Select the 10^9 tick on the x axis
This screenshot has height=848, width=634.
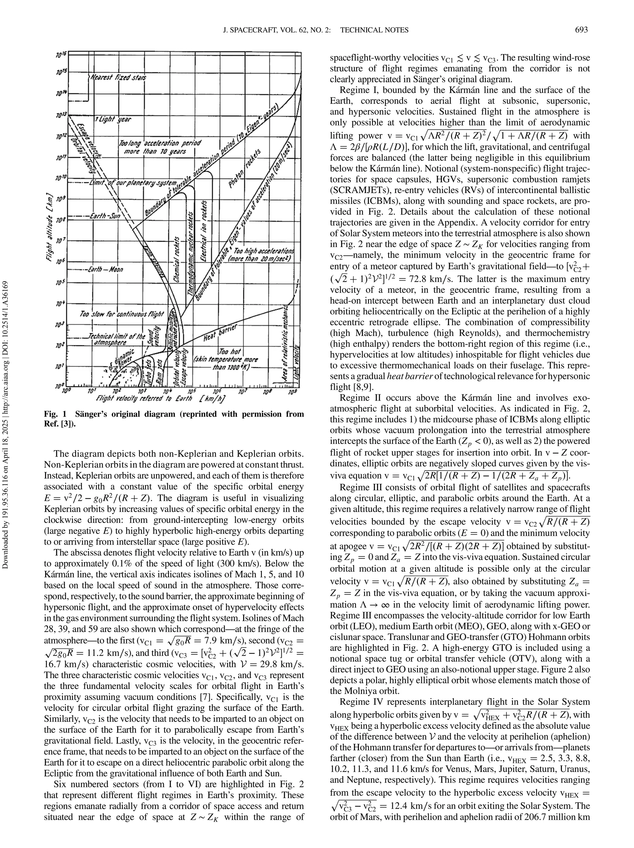click(x=292, y=392)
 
